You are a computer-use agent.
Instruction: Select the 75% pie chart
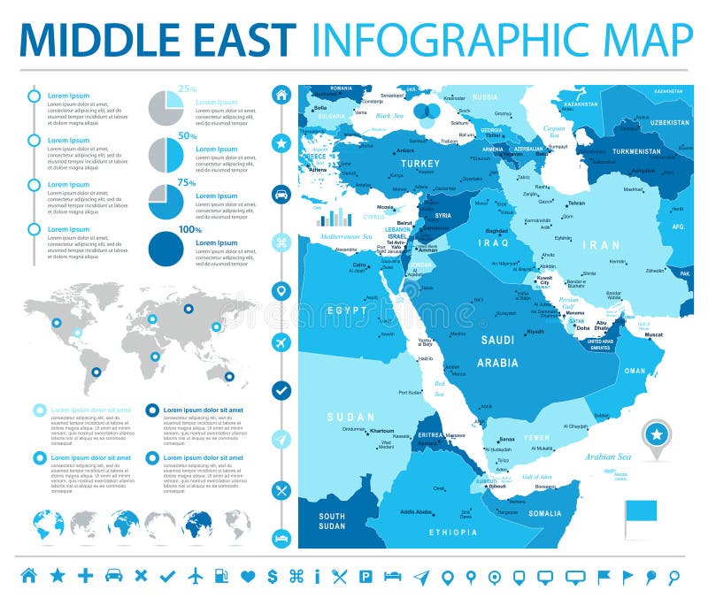(x=165, y=201)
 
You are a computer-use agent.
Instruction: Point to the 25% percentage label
(x=188, y=88)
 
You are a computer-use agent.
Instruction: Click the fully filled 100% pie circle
(x=165, y=248)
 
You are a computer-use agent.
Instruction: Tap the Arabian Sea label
(x=606, y=456)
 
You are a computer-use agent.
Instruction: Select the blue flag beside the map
(x=640, y=511)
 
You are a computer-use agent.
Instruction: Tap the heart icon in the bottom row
(x=248, y=577)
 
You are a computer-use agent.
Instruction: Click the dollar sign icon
(x=273, y=577)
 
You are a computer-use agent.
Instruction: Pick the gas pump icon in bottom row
(x=222, y=577)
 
